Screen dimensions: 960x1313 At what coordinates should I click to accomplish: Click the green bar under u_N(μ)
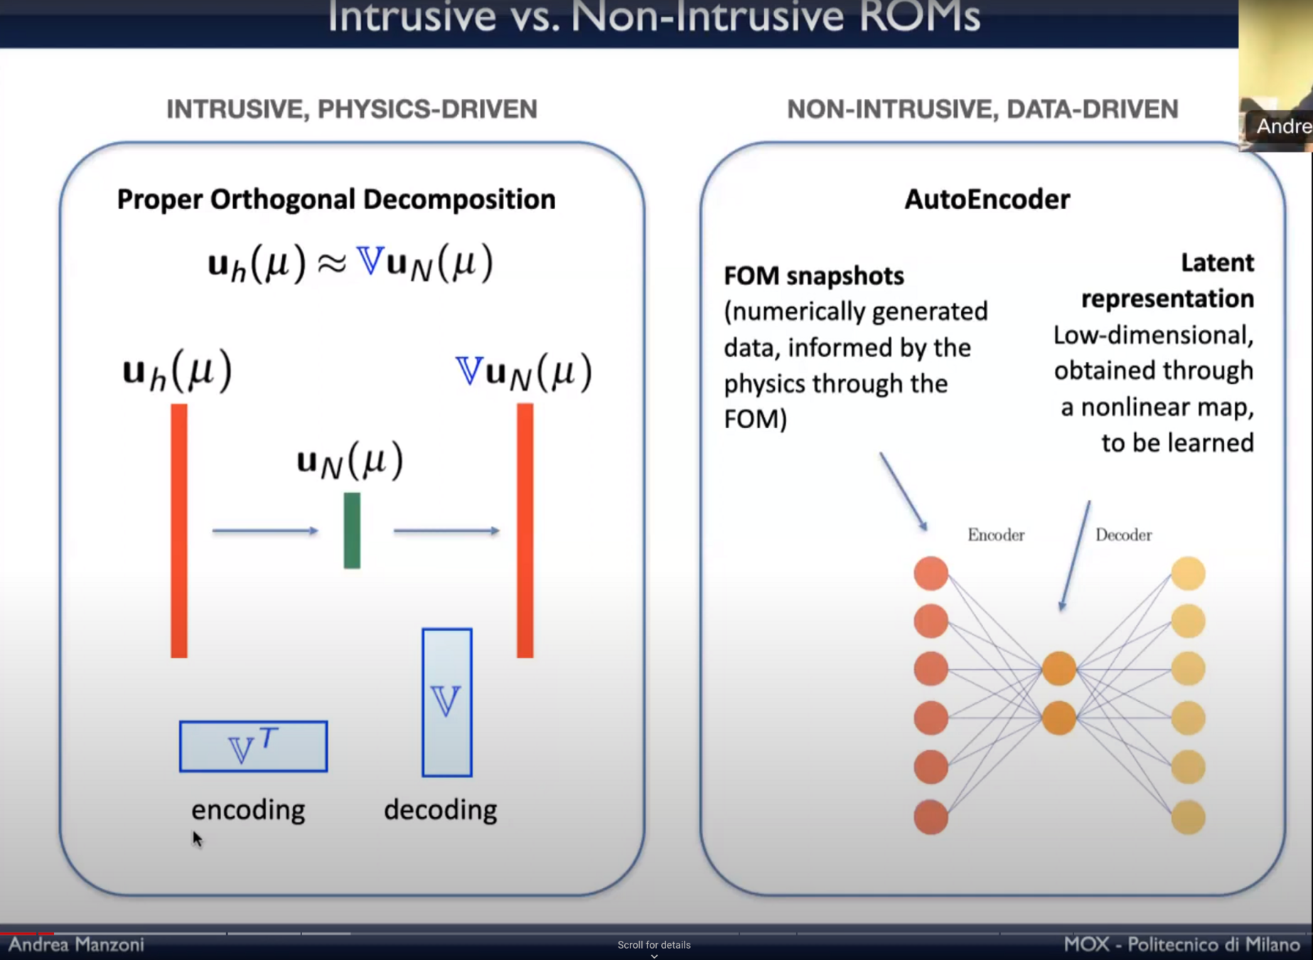[352, 530]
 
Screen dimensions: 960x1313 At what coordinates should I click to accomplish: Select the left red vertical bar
[179, 530]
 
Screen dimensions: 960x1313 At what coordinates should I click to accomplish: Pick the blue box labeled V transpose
[253, 746]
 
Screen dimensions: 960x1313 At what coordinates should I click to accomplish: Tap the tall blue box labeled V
[446, 703]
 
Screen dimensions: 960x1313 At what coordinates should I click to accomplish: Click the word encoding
[248, 810]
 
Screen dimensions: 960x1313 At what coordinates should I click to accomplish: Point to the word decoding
[440, 810]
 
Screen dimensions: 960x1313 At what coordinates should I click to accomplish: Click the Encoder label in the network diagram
[995, 535]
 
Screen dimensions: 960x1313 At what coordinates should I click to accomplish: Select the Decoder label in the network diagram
[1123, 535]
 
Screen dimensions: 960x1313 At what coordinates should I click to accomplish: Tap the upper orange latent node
[1059, 668]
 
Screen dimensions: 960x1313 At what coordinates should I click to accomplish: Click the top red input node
[931, 573]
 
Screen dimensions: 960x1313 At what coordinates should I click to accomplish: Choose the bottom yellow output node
[1188, 817]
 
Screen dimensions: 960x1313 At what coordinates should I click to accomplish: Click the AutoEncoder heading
[987, 199]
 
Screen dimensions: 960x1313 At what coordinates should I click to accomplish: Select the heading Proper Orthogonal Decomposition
[336, 199]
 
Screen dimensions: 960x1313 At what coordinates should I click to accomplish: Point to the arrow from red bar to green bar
[265, 530]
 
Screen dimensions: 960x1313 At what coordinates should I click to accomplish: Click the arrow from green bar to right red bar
[446, 530]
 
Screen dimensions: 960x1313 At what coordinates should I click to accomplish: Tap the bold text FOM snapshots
[813, 276]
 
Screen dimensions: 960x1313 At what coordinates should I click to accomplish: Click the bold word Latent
[1217, 262]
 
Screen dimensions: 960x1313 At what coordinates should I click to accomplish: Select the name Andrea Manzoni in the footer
[76, 944]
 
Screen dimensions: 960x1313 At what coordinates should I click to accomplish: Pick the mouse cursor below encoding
[197, 838]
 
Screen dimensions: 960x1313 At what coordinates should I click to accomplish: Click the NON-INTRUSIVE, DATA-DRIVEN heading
[982, 109]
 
